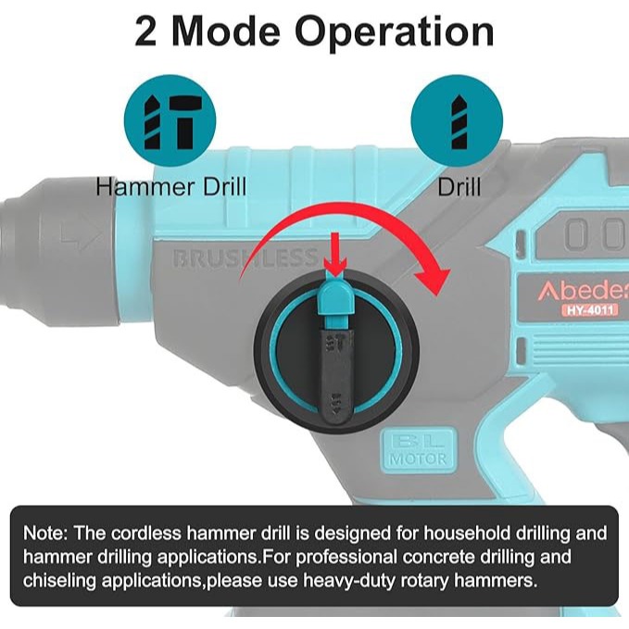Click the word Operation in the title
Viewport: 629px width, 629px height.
pyautogui.click(x=395, y=33)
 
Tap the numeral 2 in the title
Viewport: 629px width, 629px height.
pyautogui.click(x=145, y=31)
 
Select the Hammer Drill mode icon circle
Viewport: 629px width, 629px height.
pyautogui.click(x=170, y=120)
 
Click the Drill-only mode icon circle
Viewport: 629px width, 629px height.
pyautogui.click(x=457, y=120)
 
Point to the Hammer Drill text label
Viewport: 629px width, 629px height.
pyautogui.click(x=170, y=187)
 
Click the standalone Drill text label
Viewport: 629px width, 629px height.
pyautogui.click(x=459, y=187)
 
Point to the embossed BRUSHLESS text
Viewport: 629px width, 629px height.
pyautogui.click(x=245, y=258)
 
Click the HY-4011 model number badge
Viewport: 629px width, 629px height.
pyautogui.click(x=590, y=310)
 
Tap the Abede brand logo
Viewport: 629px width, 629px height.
pyautogui.click(x=584, y=290)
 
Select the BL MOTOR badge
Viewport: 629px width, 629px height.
pyautogui.click(x=418, y=449)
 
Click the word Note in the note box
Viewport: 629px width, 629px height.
pyautogui.click(x=45, y=534)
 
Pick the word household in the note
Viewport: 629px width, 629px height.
pyautogui.click(x=467, y=534)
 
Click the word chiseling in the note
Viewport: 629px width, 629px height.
pyautogui.click(x=59, y=581)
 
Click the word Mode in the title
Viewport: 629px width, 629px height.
pyautogui.click(x=225, y=31)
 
